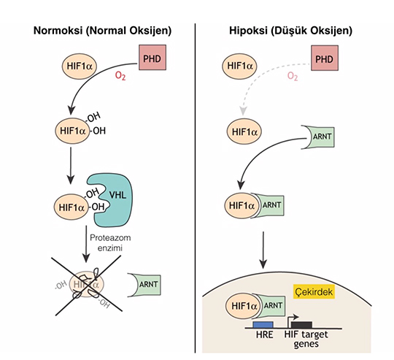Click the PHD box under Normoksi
point(152,57)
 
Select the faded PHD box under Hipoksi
point(325,58)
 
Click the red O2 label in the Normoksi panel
point(120,76)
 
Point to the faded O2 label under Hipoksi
point(293,76)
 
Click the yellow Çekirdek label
point(314,291)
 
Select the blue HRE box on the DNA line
point(263,324)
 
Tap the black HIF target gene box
point(302,324)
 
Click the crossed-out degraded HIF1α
point(87,285)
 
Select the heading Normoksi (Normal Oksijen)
point(103,31)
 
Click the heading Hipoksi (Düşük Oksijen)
point(290,31)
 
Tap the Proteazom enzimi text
point(110,243)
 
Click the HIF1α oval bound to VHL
point(72,207)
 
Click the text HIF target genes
point(306,339)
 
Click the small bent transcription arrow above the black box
point(293,318)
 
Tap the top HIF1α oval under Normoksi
point(80,66)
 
